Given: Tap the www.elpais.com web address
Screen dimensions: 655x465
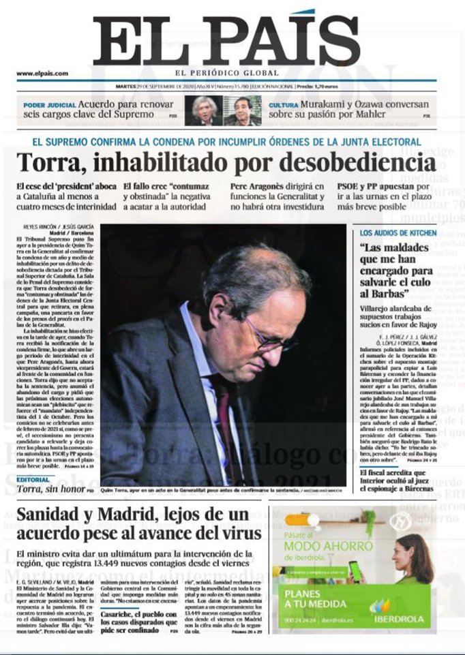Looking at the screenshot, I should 42,74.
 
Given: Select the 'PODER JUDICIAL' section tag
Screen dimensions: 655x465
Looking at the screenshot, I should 48,105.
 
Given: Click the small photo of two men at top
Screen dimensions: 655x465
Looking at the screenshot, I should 223,110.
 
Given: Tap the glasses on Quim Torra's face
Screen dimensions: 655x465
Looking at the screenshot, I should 273,340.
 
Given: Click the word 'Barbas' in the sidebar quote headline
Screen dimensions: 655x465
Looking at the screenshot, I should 381,293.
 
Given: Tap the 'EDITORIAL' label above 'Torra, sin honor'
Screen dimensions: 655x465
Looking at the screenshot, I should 33,479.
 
